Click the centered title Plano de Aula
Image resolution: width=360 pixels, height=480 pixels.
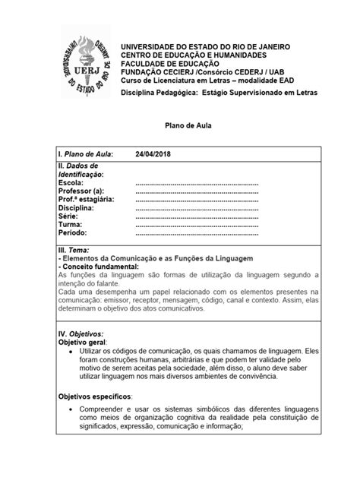pyautogui.click(x=179, y=130)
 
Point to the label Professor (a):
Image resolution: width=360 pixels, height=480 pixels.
pyautogui.click(x=84, y=191)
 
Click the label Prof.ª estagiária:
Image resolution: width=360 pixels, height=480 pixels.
pyautogui.click(x=87, y=199)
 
